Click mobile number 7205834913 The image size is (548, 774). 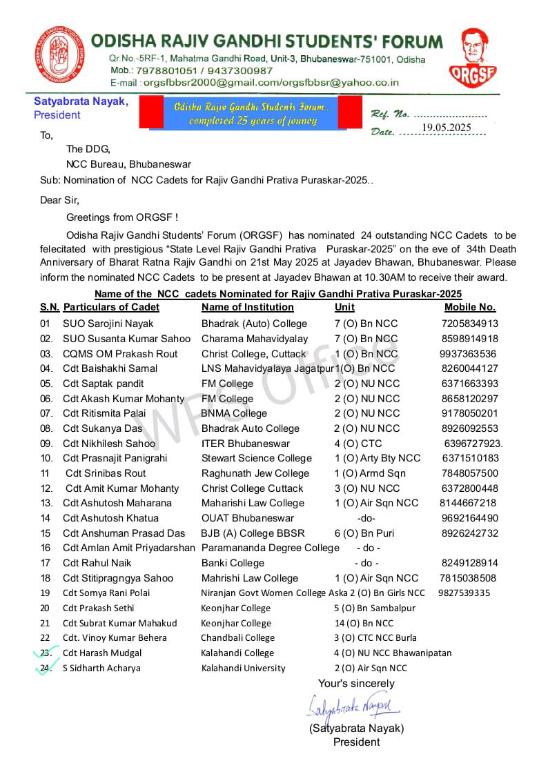(x=470, y=324)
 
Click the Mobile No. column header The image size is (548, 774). (x=470, y=307)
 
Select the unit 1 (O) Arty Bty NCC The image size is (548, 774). (x=378, y=458)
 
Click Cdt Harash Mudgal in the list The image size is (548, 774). (x=102, y=653)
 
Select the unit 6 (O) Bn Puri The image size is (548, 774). (x=364, y=533)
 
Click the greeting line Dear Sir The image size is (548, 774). (x=59, y=200)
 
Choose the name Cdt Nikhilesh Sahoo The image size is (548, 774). (x=109, y=444)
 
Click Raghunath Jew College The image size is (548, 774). (x=255, y=473)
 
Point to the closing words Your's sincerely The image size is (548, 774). (x=356, y=684)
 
